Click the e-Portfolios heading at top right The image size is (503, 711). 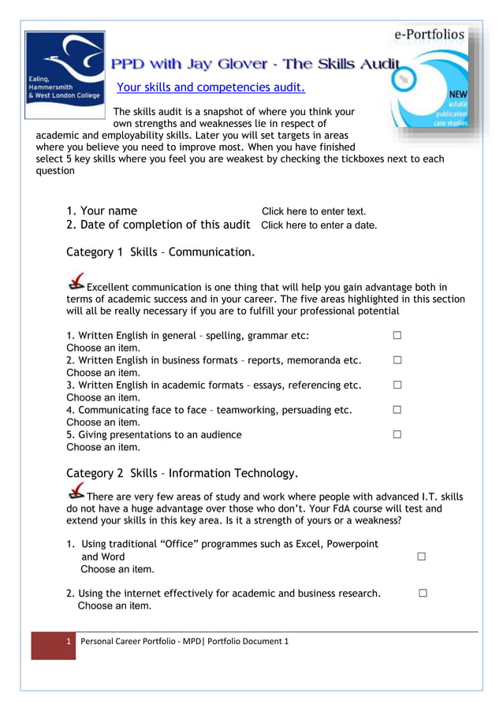click(x=430, y=34)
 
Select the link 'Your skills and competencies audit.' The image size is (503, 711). click(x=211, y=87)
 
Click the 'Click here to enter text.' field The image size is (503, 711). click(x=314, y=211)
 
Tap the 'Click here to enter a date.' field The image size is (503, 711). click(x=319, y=225)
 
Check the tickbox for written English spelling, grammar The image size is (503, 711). click(x=397, y=335)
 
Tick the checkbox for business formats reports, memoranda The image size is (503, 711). click(x=397, y=360)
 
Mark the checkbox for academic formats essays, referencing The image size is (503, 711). click(x=397, y=385)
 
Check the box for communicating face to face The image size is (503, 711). click(x=397, y=410)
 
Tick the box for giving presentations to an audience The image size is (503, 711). click(x=397, y=434)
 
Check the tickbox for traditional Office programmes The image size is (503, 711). click(x=421, y=557)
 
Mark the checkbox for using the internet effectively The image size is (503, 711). click(x=423, y=594)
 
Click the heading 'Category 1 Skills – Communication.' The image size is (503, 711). click(x=160, y=252)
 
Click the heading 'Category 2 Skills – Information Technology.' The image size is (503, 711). click(x=182, y=473)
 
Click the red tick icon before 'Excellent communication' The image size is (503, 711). click(x=76, y=281)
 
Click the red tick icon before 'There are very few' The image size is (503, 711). click(x=76, y=492)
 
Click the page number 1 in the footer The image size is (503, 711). click(x=69, y=641)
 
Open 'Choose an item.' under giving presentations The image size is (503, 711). click(x=103, y=447)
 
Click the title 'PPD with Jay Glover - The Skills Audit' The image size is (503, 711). click(x=255, y=64)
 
